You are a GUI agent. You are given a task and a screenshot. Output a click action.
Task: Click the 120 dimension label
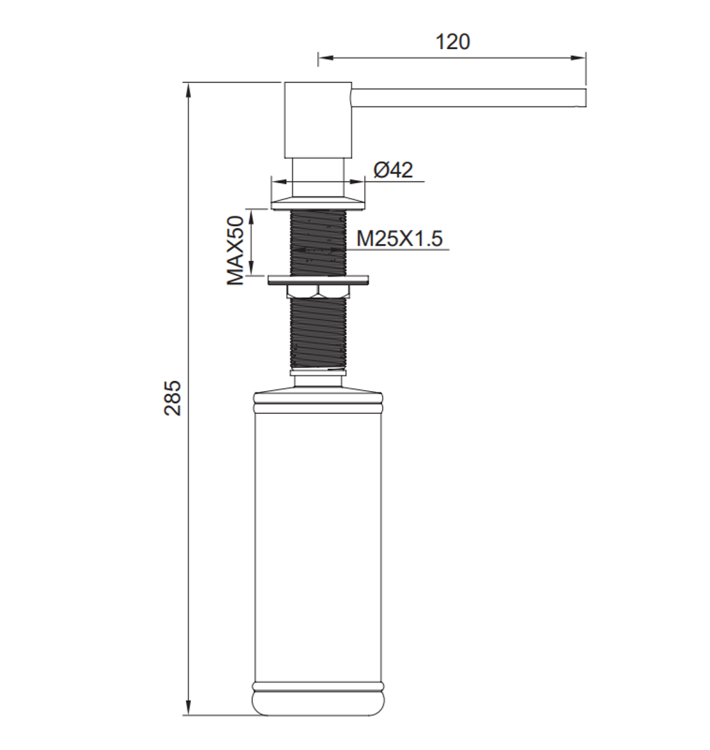[452, 42]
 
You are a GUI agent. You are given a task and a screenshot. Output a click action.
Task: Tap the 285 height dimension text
[173, 397]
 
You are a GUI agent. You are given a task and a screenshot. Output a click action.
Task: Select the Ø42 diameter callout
[393, 170]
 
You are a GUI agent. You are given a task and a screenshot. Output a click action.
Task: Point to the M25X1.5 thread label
[400, 238]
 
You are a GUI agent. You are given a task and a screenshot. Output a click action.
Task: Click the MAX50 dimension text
[236, 250]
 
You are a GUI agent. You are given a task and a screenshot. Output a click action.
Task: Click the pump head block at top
[318, 120]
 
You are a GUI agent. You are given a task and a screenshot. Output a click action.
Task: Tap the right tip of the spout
[586, 97]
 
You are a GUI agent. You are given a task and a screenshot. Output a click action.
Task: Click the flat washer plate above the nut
[318, 279]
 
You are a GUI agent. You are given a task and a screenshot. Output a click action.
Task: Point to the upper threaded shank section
[318, 242]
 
